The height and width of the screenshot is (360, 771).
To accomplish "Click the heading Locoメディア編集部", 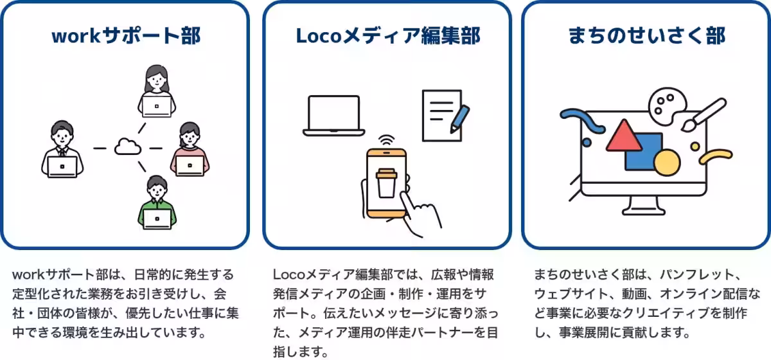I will click(387, 36).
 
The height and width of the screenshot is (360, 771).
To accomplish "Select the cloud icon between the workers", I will click(127, 148).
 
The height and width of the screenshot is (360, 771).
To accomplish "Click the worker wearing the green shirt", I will click(157, 204).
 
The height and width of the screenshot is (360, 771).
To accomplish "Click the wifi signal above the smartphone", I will click(386, 140).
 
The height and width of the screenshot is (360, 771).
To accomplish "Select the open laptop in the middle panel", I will click(333, 116).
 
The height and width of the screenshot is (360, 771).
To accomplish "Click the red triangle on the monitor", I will click(623, 136).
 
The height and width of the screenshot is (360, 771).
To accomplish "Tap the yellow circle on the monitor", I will click(666, 162).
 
